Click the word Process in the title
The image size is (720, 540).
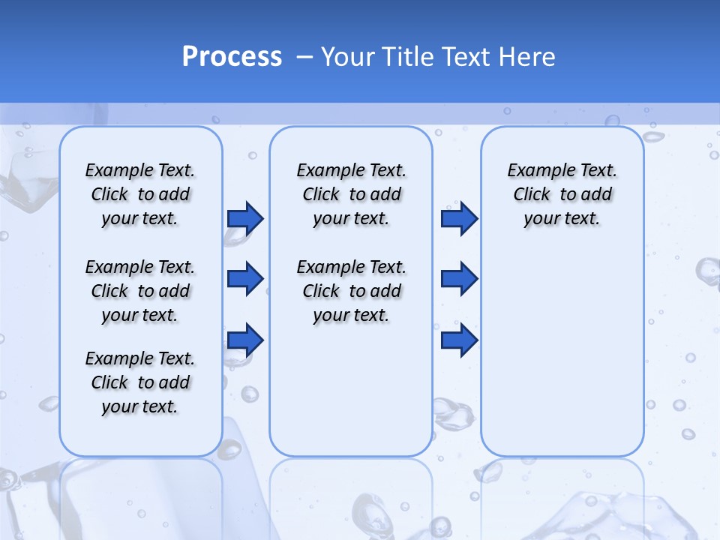point(232,56)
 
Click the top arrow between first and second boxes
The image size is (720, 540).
point(245,218)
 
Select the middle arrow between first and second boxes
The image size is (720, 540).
point(245,279)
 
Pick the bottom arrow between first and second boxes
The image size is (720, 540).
point(245,340)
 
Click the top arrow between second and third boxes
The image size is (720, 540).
point(459,218)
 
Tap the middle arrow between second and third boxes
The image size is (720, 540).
point(459,279)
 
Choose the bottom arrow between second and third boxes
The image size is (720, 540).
point(459,340)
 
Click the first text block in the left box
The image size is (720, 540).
point(140,194)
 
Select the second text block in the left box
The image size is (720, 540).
point(140,291)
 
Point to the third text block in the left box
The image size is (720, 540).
point(140,382)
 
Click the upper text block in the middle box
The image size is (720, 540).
point(351,194)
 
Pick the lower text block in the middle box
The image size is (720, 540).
point(351,291)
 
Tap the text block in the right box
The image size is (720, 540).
point(562,194)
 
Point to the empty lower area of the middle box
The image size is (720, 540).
point(351,390)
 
